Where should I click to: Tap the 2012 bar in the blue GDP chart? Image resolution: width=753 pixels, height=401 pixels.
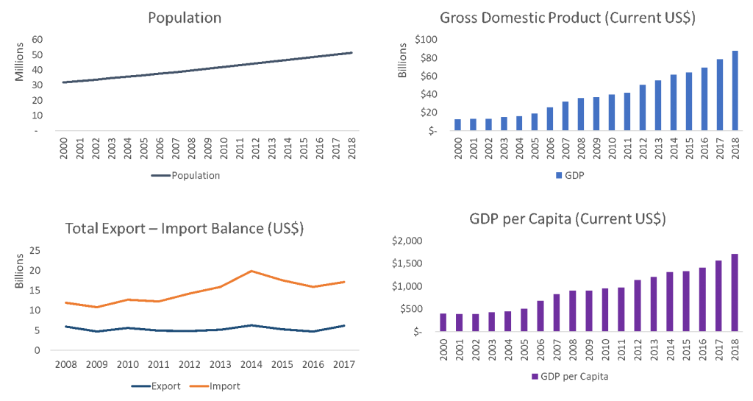click(x=643, y=107)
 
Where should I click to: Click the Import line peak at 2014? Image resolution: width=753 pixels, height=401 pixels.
click(x=251, y=271)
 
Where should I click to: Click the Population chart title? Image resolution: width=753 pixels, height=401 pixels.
click(x=185, y=18)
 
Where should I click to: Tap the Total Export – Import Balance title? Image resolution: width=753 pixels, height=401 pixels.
click(x=185, y=229)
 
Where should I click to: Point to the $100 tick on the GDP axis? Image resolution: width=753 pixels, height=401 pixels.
click(x=426, y=40)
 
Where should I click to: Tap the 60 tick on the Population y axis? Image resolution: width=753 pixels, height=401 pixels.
click(x=36, y=40)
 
